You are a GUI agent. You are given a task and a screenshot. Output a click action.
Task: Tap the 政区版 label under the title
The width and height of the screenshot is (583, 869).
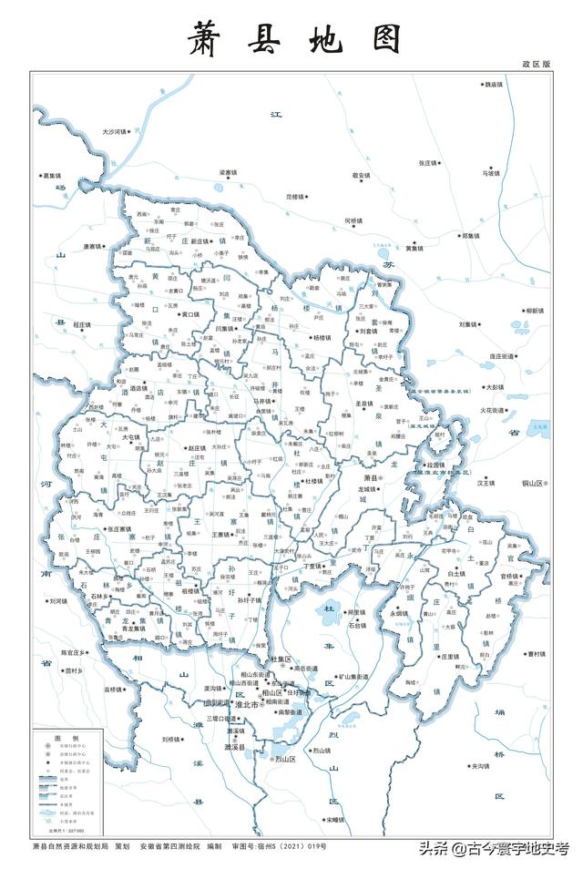point(537,65)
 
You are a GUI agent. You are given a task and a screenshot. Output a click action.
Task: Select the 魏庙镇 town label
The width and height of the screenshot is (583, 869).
point(494,84)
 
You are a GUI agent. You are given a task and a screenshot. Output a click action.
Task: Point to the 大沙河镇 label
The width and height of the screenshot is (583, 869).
point(118,132)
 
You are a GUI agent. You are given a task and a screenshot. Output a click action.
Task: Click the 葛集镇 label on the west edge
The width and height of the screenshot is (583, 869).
point(49,175)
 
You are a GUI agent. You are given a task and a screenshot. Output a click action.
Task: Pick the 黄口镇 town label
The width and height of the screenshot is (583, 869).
point(190,314)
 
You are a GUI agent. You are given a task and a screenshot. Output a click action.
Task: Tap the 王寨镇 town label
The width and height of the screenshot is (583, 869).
point(223,535)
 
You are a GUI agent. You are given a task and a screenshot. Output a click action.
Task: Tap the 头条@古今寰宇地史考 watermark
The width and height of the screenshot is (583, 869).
point(493,849)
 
